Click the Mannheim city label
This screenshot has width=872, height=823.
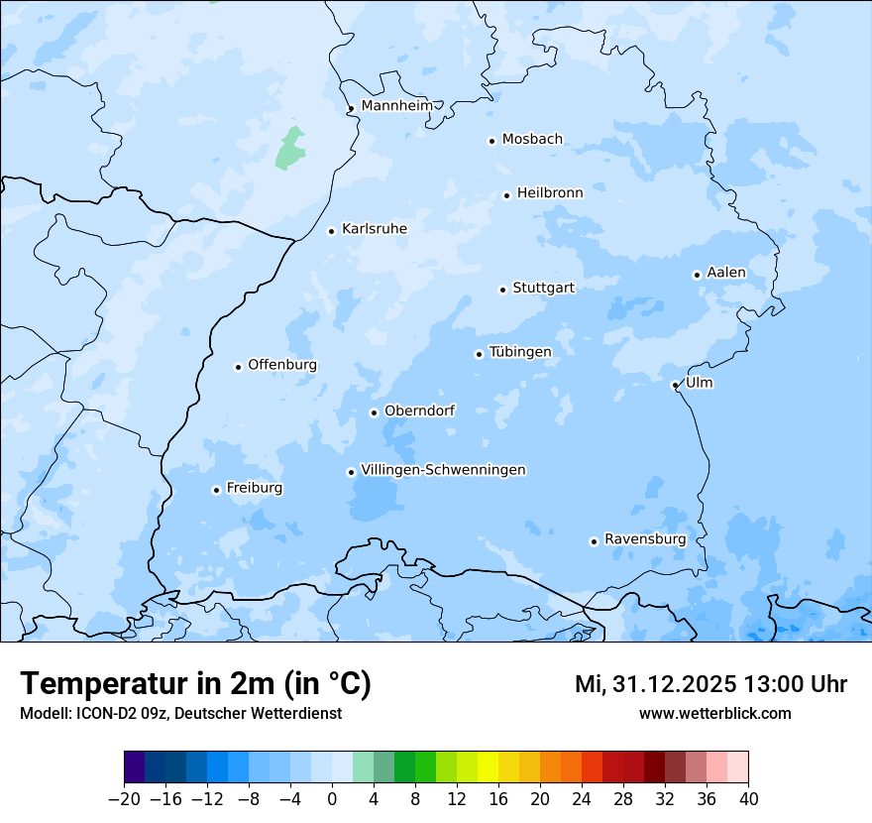396,106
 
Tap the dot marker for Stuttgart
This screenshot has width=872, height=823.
502,290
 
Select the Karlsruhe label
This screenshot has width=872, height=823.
374,229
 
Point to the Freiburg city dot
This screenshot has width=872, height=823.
216,490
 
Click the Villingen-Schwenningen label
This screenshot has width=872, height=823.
443,470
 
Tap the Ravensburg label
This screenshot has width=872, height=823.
644,539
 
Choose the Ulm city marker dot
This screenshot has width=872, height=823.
675,385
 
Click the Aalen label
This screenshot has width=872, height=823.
725,273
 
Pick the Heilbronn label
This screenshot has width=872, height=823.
549,193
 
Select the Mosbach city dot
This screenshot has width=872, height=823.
491,141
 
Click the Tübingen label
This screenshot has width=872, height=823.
519,352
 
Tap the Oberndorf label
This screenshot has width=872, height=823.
419,411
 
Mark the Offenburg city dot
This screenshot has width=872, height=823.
238,367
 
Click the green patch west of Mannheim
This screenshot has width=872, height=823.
290,148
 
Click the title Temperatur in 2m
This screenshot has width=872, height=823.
195,683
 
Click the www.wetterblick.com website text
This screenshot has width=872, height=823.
714,713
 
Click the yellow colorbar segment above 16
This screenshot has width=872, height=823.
488,767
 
